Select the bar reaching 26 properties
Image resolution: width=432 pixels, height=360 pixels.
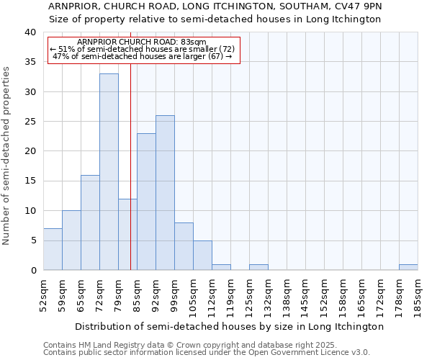(x=165, y=192)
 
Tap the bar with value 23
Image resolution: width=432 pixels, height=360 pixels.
(x=146, y=202)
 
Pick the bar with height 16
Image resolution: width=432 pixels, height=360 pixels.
(x=90, y=222)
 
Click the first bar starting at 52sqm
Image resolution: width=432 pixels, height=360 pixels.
(x=53, y=249)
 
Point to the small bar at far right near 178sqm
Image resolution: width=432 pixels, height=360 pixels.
(x=408, y=267)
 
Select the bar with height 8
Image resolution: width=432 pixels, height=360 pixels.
(x=184, y=246)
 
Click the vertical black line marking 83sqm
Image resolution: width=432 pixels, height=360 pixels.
(x=130, y=166)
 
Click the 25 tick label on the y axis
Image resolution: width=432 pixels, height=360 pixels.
(x=30, y=122)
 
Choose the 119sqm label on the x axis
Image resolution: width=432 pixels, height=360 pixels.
(x=230, y=295)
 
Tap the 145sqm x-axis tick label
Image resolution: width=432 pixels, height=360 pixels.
(x=305, y=295)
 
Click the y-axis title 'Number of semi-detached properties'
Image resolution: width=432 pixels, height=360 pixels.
(x=7, y=156)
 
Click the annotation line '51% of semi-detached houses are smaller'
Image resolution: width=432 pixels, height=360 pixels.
(x=143, y=49)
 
